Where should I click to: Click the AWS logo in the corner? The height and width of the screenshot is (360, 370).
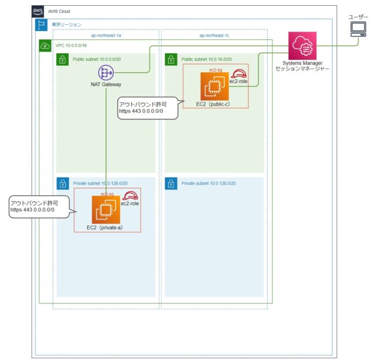[x=38, y=12]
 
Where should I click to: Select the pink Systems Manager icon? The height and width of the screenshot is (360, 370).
[x=302, y=45]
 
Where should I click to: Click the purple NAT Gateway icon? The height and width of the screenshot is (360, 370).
[x=106, y=73]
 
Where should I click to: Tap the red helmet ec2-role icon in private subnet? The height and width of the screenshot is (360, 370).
[x=131, y=196]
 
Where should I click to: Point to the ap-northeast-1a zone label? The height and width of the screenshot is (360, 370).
[x=106, y=35]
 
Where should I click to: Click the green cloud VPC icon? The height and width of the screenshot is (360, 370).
[x=45, y=46]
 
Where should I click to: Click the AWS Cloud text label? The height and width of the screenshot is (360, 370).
[x=60, y=12]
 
